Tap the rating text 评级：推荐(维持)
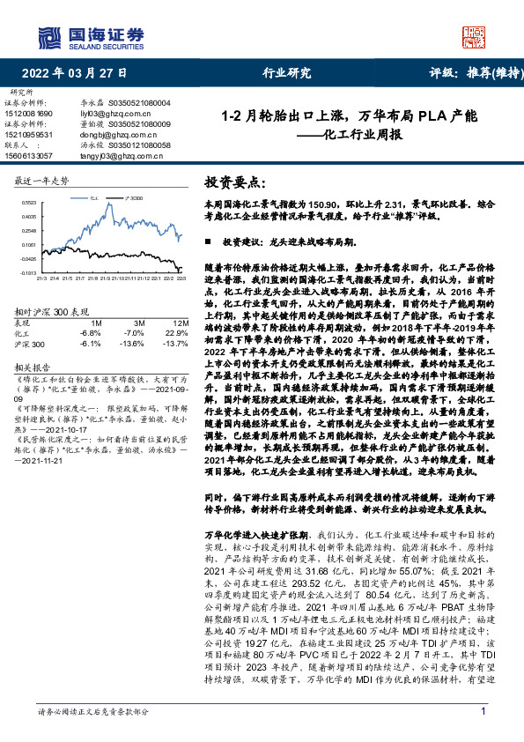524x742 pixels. click(467, 74)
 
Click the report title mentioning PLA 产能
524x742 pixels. click(348, 115)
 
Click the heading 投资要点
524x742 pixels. click(233, 183)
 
